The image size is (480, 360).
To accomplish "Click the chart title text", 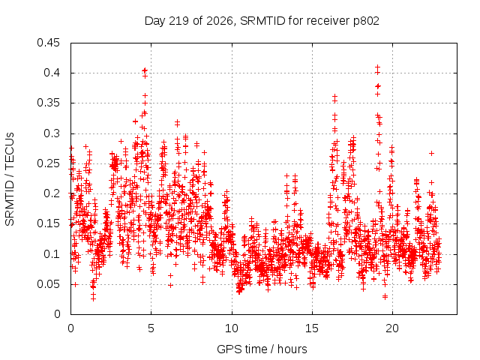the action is [262, 21].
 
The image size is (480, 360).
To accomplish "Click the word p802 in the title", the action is [367, 22].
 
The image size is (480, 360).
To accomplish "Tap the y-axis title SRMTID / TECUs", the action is [10, 179].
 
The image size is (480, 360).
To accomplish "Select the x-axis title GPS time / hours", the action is [262, 349].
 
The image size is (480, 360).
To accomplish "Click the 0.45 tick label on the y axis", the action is [48, 43].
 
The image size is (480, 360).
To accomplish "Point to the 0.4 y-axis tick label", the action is [52, 73].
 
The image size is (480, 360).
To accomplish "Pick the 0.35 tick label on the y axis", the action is [48, 103].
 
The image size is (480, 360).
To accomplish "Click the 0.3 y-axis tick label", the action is [52, 133].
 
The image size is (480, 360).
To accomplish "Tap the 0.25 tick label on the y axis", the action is [48, 163].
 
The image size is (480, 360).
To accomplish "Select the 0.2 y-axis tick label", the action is [52, 193].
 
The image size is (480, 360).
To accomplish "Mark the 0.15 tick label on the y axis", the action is [48, 223].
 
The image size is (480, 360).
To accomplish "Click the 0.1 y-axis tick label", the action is [52, 254].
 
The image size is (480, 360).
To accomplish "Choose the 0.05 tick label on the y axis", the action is [48, 284].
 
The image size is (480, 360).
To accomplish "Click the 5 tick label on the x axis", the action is [151, 328].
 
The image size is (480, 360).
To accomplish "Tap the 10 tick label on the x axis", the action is [232, 328].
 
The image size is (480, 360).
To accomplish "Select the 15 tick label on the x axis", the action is [312, 328].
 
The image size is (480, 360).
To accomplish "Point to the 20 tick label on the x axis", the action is [392, 328].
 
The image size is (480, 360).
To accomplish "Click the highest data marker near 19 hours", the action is [378, 67].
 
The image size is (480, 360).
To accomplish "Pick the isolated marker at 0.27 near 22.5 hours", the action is [432, 153].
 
